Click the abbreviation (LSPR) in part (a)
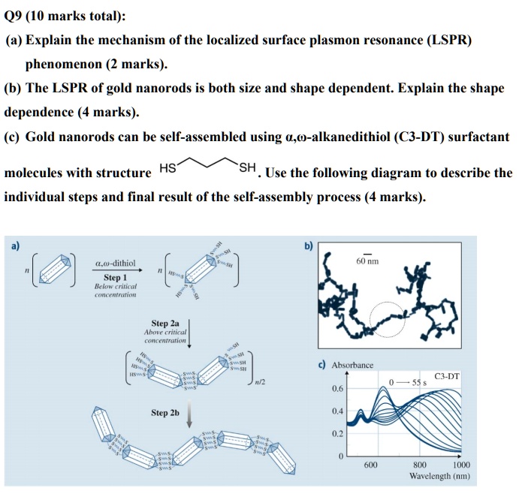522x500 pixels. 447,40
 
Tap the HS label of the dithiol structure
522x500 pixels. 168,168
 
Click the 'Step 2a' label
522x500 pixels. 166,324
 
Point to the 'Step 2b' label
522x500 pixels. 166,412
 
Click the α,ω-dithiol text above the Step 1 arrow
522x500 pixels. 115,264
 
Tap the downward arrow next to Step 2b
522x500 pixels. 189,414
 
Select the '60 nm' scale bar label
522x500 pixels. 368,261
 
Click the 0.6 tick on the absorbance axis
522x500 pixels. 337,389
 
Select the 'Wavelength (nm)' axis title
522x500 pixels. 439,477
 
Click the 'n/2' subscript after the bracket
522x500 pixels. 261,383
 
